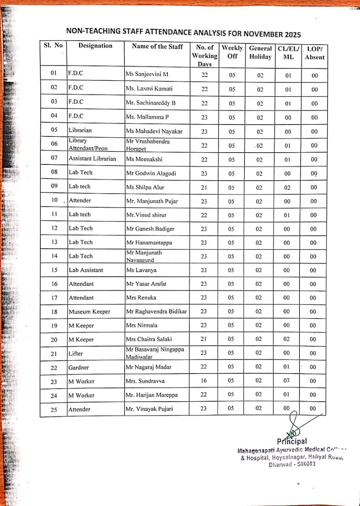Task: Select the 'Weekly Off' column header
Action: (232, 52)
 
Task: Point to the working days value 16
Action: (204, 381)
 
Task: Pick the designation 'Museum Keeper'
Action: (89, 312)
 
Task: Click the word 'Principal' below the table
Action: (292, 441)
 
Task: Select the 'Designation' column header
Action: (95, 46)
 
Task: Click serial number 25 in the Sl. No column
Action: (54, 410)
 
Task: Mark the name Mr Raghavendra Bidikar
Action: (156, 312)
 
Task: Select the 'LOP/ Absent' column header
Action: (315, 53)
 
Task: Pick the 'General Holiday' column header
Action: (260, 53)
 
